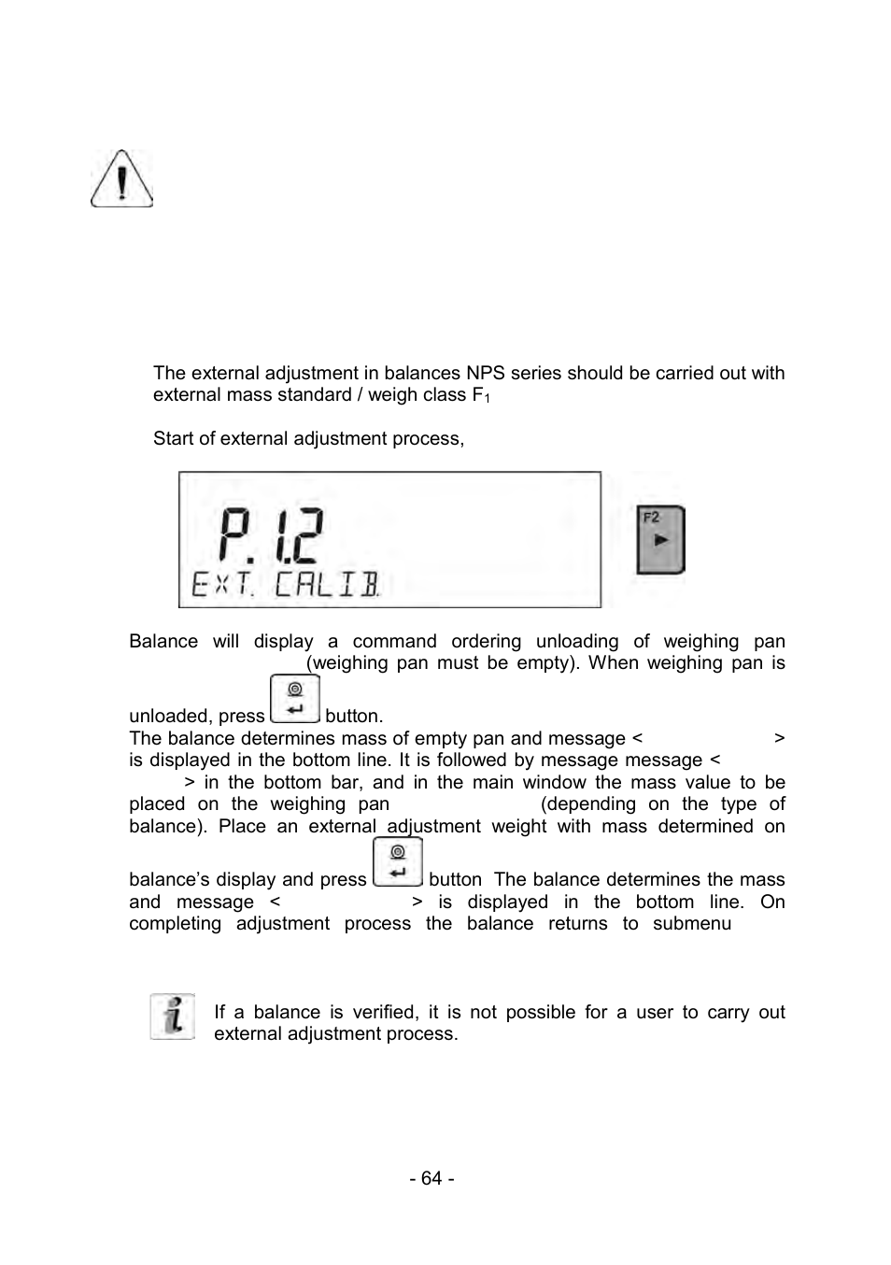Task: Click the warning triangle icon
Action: click(121, 178)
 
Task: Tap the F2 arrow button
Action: click(660, 540)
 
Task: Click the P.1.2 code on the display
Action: click(270, 535)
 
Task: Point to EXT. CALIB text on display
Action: click(285, 585)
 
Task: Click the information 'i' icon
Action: click(173, 1016)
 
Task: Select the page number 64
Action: click(431, 1178)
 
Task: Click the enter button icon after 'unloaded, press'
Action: click(295, 700)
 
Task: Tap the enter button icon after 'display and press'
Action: click(397, 862)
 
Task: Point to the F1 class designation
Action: click(480, 395)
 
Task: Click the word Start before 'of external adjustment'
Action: click(175, 438)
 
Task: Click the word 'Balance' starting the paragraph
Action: click(163, 641)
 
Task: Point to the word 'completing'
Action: click(175, 923)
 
